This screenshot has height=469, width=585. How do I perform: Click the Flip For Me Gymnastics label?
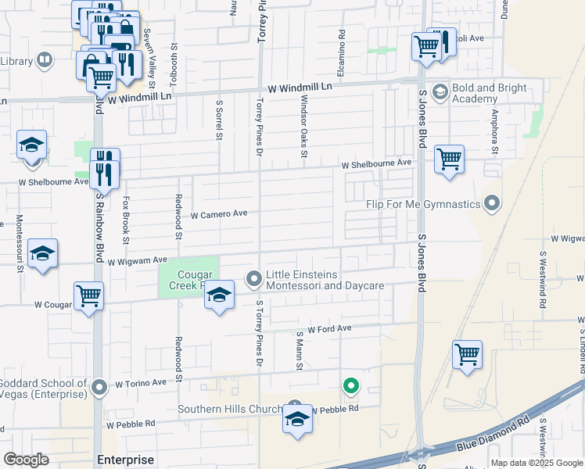tap(423, 205)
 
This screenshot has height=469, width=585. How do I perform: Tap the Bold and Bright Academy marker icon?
tap(439, 92)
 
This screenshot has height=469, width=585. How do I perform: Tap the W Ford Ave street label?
tap(329, 330)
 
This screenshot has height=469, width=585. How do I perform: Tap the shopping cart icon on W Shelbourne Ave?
tap(449, 159)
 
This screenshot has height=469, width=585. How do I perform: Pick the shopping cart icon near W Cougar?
tap(88, 295)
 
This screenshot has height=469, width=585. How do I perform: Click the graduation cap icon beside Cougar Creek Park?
tap(220, 295)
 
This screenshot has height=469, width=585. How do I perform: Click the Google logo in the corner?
tap(26, 460)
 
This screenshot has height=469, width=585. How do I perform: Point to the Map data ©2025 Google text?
tap(536, 463)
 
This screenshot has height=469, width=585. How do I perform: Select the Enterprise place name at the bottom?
tap(125, 459)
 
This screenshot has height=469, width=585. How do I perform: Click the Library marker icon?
tap(45, 60)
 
